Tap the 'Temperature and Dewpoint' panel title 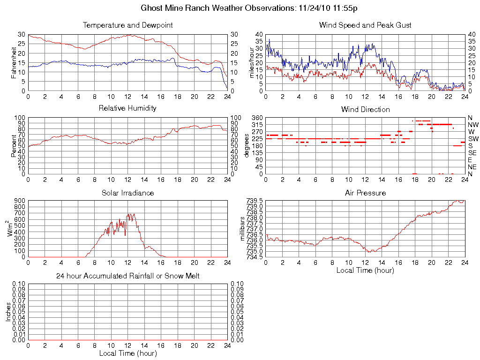tap(127, 25)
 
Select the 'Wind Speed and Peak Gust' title tap(365, 25)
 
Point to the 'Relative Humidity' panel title tap(127, 108)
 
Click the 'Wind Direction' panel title tap(365, 109)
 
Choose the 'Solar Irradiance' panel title tap(127, 193)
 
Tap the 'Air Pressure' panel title tap(365, 193)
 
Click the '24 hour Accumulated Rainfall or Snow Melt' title tap(127, 276)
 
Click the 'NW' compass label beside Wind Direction tap(473, 125)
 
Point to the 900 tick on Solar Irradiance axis tap(19, 201)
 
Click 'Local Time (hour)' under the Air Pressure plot tap(365, 270)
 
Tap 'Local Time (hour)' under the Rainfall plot tap(127, 353)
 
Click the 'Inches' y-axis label tap(7, 312)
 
